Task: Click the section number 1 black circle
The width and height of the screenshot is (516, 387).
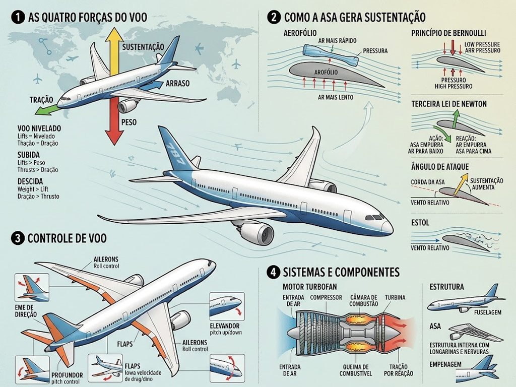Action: (x=18, y=17)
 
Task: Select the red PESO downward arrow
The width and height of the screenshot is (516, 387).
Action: (x=114, y=122)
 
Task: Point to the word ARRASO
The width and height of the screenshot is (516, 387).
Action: (x=177, y=83)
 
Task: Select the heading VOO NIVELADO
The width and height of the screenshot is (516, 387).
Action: (x=39, y=128)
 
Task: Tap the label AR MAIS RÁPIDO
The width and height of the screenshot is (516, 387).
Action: (x=337, y=41)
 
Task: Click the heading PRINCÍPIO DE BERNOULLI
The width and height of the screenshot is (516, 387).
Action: (x=448, y=33)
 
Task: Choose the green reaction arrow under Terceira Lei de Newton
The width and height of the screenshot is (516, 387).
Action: (x=455, y=119)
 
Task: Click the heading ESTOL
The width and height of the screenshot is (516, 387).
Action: (x=420, y=223)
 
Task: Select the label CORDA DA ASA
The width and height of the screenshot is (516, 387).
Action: (x=427, y=182)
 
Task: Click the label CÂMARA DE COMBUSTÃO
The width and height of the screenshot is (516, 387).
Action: (x=364, y=300)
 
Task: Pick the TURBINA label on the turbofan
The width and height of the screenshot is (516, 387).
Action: (x=395, y=297)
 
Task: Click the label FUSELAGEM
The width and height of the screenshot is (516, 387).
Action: (x=488, y=312)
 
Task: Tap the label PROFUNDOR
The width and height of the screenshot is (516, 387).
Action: (x=67, y=375)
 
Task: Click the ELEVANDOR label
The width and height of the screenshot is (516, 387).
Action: (x=225, y=326)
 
